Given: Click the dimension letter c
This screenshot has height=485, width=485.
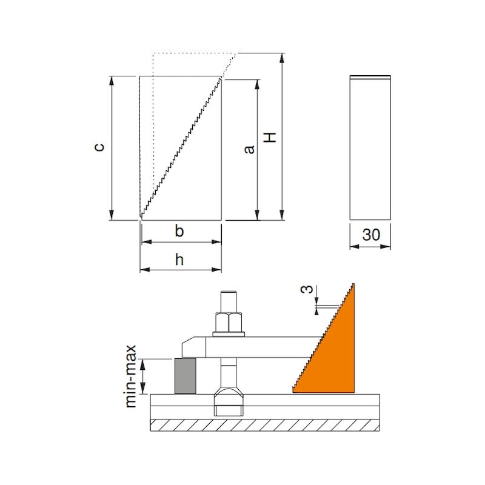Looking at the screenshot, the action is (x=99, y=147).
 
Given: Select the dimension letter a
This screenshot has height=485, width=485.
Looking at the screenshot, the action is (x=249, y=149).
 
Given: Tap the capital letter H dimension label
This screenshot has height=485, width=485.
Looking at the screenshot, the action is (x=270, y=138).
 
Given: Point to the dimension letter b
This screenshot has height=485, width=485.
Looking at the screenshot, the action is (x=179, y=231).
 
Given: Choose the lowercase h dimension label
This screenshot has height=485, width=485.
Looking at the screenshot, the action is (x=179, y=259).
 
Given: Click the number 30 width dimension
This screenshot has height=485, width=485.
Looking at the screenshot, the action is (x=371, y=235).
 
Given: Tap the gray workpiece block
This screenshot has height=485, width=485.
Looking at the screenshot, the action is (x=186, y=376).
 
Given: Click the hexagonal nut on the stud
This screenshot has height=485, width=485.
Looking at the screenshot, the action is (x=229, y=323).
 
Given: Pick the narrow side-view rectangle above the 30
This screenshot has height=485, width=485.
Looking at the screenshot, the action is (x=370, y=147).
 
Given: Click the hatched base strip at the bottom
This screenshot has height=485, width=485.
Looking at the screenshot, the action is (x=265, y=425).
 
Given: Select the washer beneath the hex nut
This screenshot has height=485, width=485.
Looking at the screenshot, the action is (x=229, y=334).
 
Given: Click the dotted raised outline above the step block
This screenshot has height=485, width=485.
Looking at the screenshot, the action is (x=193, y=53).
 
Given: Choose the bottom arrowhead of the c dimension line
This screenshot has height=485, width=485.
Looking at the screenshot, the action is (x=112, y=215).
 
